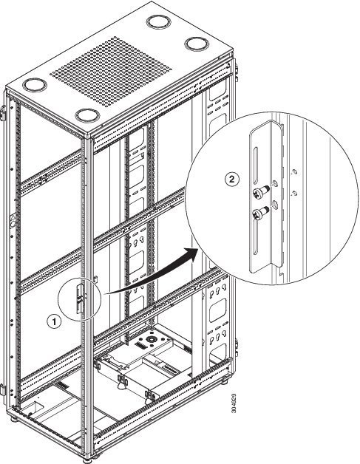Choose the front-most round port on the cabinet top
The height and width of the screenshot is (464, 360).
pyautogui.click(x=86, y=115)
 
